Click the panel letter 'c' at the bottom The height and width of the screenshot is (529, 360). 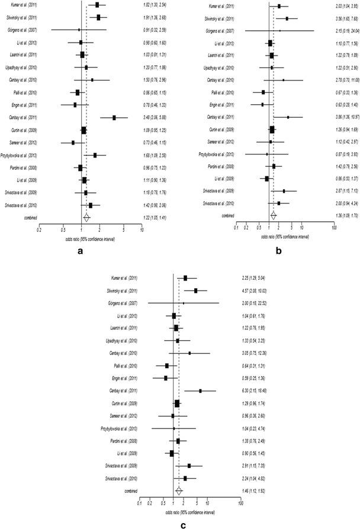point(184,523)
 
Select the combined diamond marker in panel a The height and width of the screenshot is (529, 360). point(86,217)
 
